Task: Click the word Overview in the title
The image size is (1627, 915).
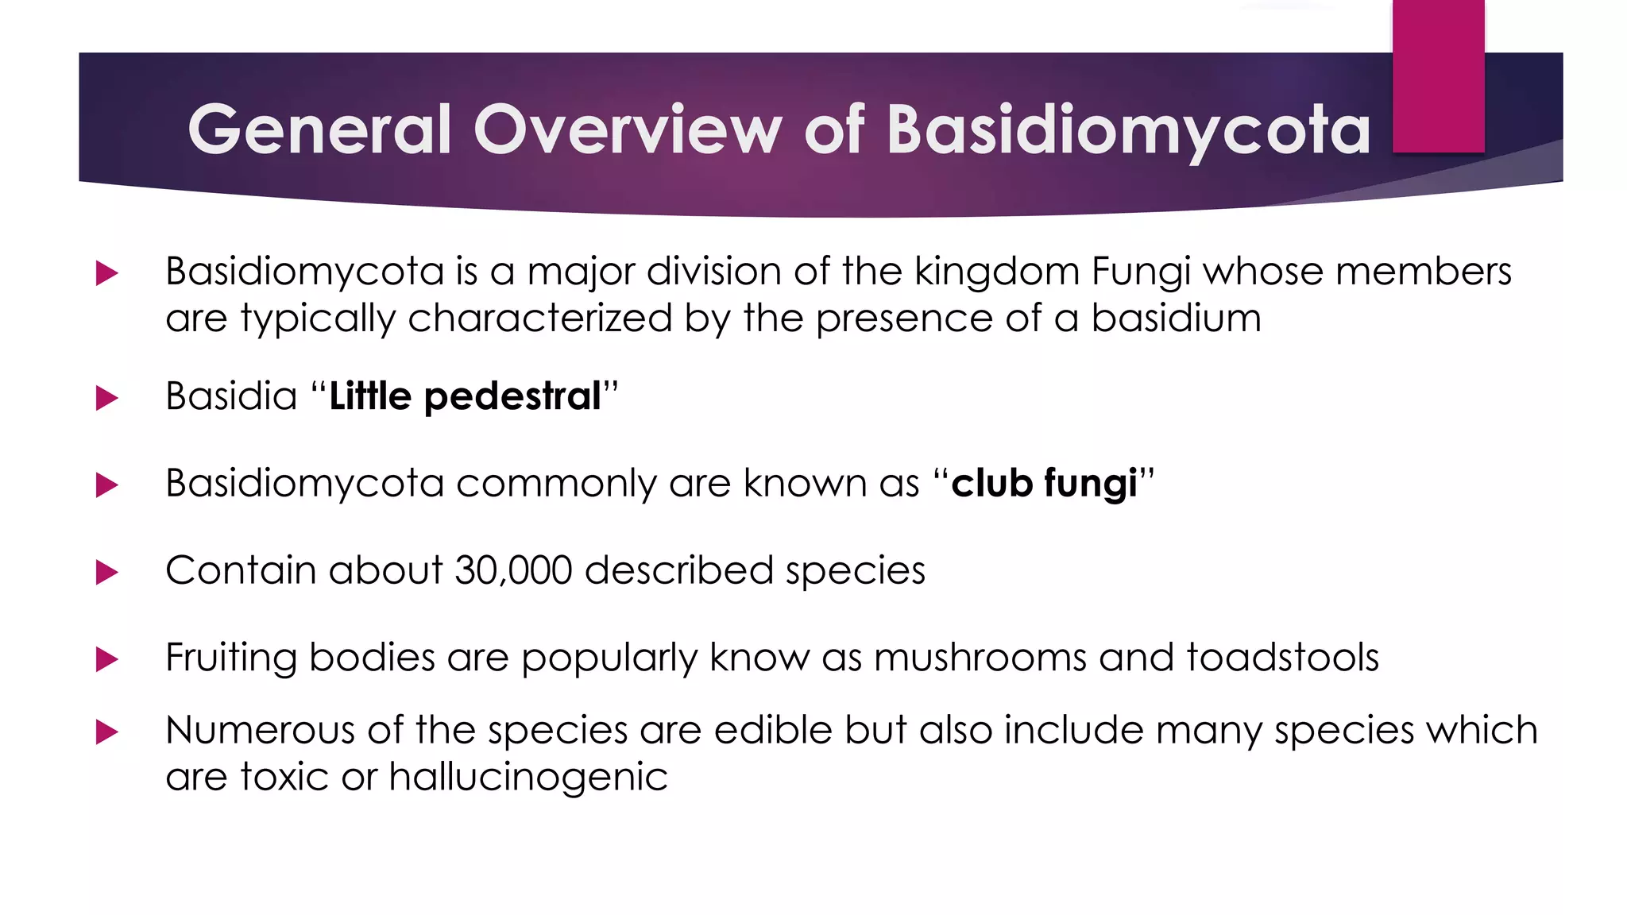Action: (x=628, y=129)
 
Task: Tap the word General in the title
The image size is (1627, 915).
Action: (x=319, y=129)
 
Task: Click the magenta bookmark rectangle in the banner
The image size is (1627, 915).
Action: (x=1438, y=76)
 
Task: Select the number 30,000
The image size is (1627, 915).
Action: (x=513, y=570)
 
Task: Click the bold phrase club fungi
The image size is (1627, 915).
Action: (x=1044, y=484)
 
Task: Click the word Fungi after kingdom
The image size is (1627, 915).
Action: (x=1141, y=272)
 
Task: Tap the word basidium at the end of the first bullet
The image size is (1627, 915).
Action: (x=1176, y=319)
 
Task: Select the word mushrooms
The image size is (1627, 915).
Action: (x=980, y=658)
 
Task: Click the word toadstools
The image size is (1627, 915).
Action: (x=1282, y=658)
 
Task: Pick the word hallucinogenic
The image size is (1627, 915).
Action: (x=528, y=777)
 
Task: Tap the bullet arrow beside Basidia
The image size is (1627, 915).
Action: (x=106, y=397)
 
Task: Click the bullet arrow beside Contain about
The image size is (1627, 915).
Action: (x=106, y=572)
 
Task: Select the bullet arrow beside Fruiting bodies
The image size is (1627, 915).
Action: (x=106, y=659)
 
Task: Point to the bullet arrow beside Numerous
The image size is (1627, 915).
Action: (x=106, y=732)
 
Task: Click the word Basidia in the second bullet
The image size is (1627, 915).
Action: (x=231, y=396)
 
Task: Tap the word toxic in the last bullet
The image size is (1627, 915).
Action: (x=284, y=777)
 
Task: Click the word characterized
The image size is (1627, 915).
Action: (x=540, y=319)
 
